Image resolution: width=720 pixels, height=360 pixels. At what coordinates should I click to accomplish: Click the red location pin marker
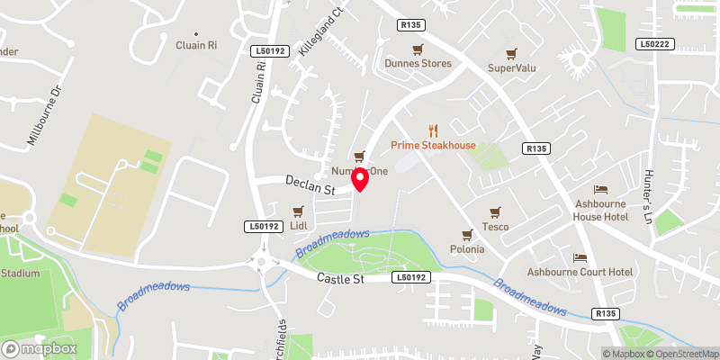click(x=360, y=179)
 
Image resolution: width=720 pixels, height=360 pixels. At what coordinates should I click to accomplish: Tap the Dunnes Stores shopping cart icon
click(x=418, y=49)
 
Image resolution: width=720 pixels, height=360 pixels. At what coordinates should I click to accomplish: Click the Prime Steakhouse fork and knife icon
click(x=432, y=130)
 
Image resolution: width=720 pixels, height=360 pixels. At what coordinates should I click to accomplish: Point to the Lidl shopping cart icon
click(x=299, y=211)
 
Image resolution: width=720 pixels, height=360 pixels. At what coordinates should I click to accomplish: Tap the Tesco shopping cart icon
click(x=494, y=212)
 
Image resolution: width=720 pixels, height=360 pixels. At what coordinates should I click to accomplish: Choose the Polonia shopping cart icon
click(x=467, y=234)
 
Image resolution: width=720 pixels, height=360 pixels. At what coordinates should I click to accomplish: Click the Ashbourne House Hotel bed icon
click(x=601, y=190)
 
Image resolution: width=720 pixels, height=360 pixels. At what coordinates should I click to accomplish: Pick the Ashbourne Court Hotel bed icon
click(x=580, y=257)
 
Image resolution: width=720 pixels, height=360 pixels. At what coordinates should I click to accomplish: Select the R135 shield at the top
click(x=411, y=26)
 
